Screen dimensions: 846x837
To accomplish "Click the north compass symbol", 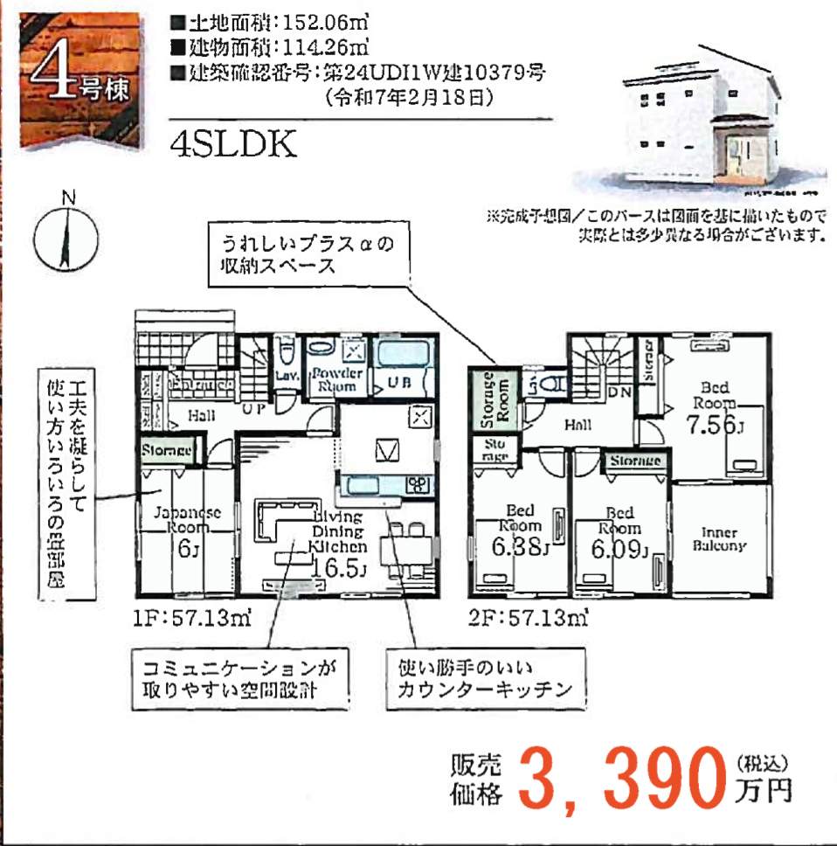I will point(66,237).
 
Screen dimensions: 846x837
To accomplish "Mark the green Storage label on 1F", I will point(167,451).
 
